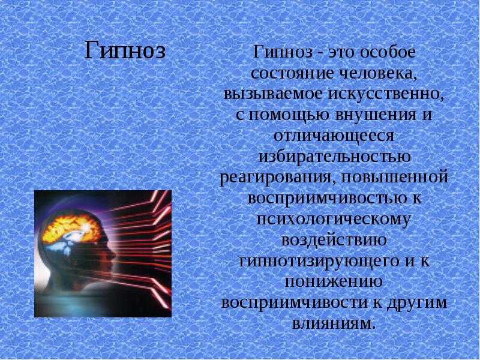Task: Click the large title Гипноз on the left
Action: point(125,51)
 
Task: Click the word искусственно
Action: point(386,94)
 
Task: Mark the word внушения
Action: point(376,115)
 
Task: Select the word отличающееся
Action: point(334,136)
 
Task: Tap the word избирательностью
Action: point(334,157)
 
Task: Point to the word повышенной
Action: point(394,178)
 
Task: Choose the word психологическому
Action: point(334,220)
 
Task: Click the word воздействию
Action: point(334,240)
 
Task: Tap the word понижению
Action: point(334,281)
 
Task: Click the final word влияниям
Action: point(334,323)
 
